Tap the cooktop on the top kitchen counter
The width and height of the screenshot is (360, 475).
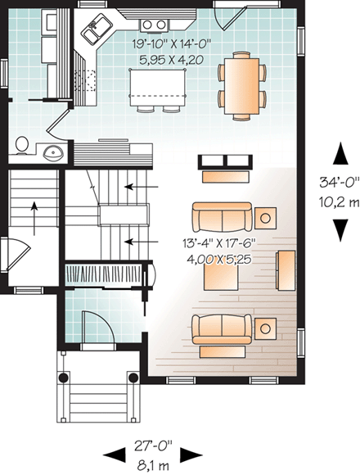click(x=152, y=24)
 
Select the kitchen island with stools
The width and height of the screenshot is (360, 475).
click(x=159, y=84)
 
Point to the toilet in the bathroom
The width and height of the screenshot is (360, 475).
click(x=22, y=146)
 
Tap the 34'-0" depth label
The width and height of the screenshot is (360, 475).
click(x=336, y=183)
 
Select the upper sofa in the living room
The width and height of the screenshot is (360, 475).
click(x=222, y=218)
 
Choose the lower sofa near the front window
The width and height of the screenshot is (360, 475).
click(x=222, y=328)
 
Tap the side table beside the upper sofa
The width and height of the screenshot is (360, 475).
click(x=266, y=218)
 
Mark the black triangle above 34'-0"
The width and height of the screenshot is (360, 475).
click(x=337, y=152)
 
